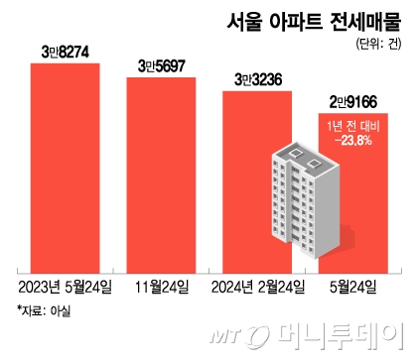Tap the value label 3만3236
click(x=258, y=77)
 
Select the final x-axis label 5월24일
click(x=354, y=288)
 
